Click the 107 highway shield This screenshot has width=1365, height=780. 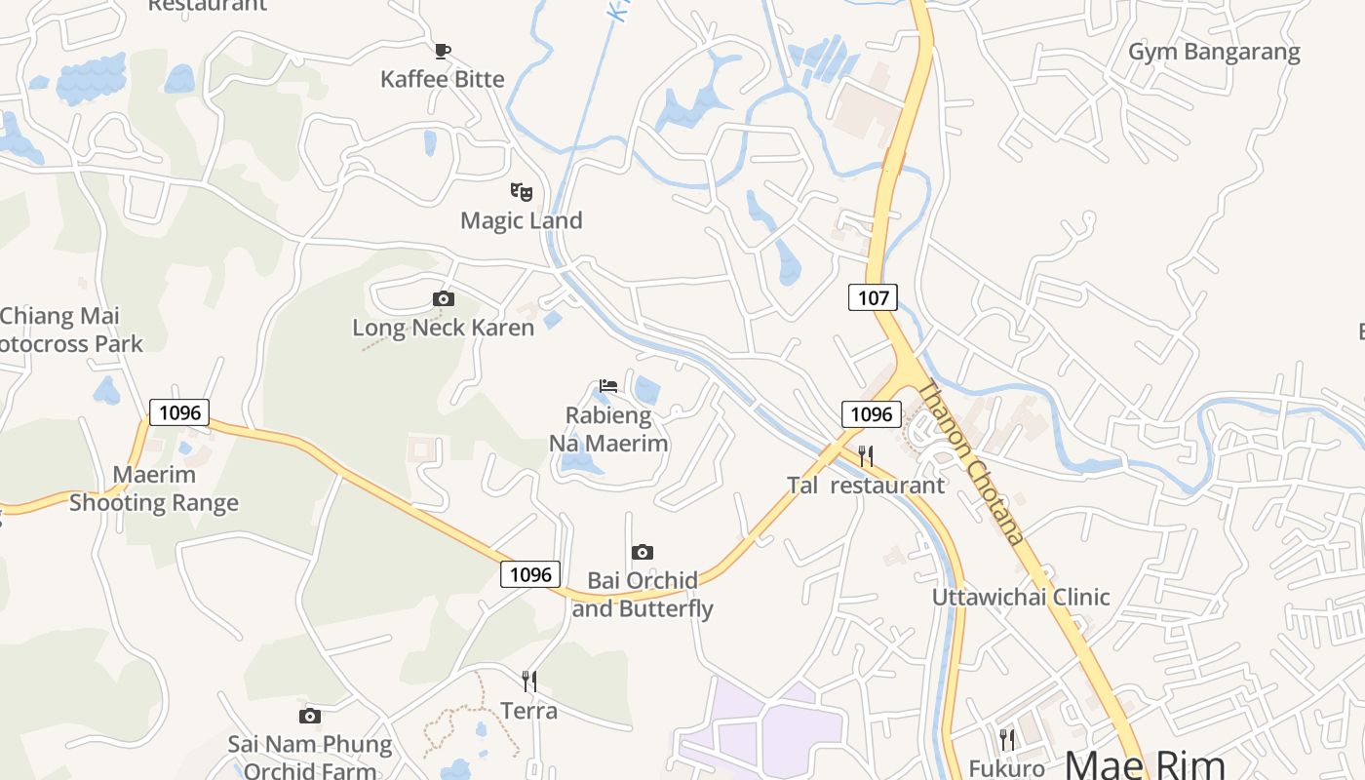click(873, 297)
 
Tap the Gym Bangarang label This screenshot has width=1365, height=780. click(1214, 52)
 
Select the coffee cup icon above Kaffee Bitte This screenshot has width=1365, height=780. click(443, 51)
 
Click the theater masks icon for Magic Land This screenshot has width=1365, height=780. click(522, 192)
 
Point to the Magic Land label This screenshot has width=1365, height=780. click(522, 220)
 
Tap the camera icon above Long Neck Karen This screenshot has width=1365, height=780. click(444, 299)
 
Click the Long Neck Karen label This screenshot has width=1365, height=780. click(444, 328)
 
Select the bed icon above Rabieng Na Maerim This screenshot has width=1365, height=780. click(608, 386)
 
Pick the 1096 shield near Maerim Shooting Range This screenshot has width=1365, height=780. click(179, 412)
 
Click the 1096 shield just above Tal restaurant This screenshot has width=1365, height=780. click(871, 414)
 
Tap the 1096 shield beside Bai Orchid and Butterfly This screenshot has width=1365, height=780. click(530, 574)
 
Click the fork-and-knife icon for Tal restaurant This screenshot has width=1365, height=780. click(866, 455)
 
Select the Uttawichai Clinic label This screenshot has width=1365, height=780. click(1021, 597)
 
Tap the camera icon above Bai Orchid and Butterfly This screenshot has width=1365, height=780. click(642, 553)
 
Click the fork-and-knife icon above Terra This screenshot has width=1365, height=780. click(529, 681)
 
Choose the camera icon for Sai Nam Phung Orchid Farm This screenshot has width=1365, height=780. click(310, 717)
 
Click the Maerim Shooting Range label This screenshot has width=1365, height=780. click(154, 488)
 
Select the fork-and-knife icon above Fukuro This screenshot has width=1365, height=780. click(1007, 740)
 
